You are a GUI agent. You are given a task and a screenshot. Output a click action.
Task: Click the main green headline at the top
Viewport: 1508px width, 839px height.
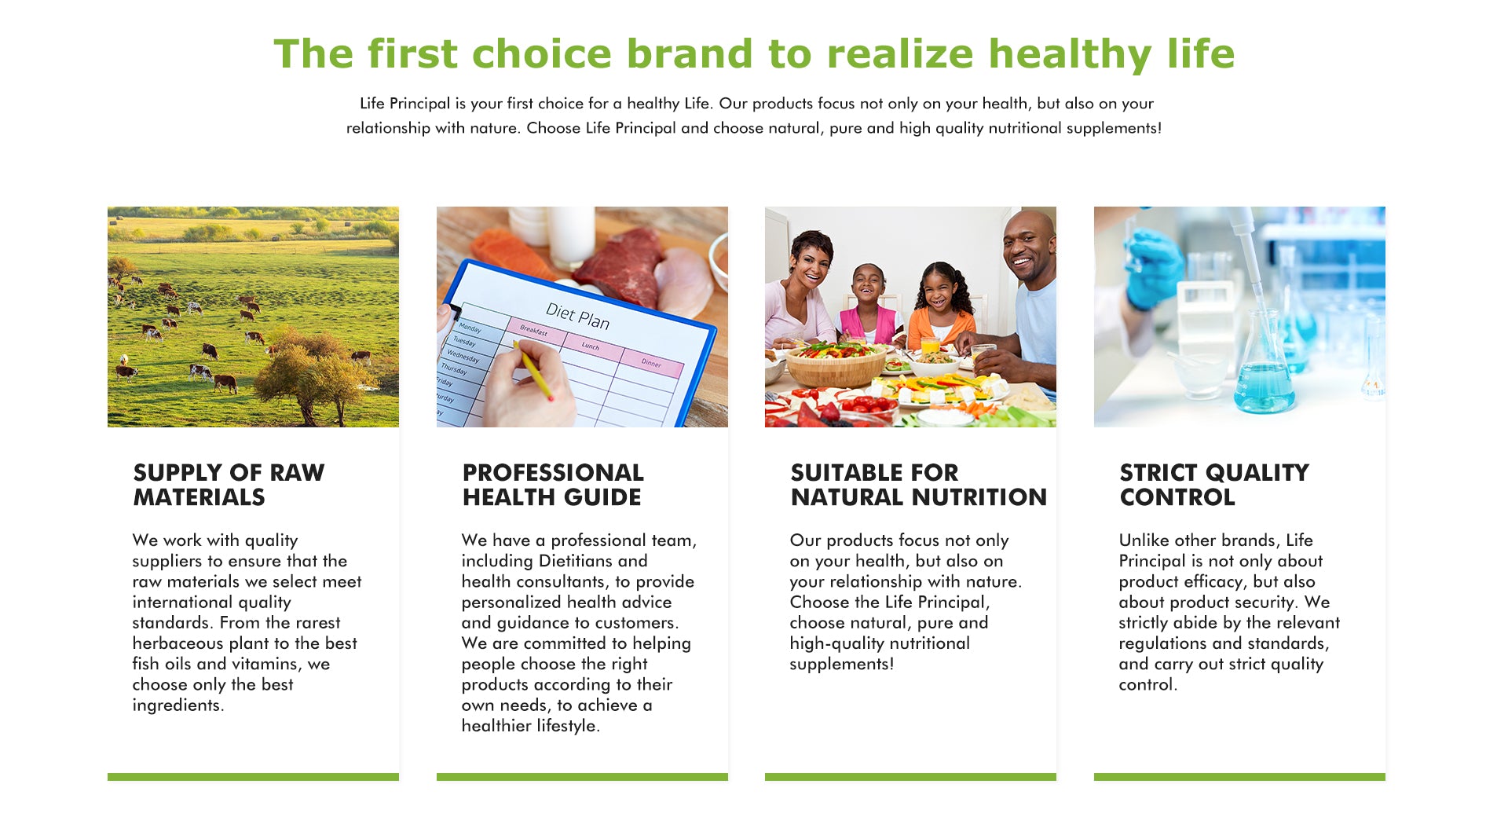[x=754, y=53]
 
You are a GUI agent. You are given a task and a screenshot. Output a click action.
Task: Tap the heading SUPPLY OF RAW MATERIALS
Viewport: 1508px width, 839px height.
[x=229, y=485]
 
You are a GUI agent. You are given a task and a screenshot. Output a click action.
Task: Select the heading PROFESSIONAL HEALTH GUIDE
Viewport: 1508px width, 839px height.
[x=553, y=485]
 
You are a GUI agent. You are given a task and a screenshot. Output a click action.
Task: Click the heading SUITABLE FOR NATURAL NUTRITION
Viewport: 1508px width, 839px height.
[x=918, y=485]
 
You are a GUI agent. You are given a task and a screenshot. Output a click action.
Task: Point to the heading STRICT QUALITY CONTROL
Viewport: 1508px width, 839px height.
[x=1214, y=485]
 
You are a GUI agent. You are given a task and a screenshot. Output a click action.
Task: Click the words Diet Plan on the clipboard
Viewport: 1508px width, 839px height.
[x=577, y=316]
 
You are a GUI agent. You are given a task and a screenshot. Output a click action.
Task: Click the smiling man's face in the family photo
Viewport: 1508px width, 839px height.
[x=1028, y=247]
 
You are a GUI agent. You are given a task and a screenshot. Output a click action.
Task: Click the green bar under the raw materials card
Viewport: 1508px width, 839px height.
[x=253, y=776]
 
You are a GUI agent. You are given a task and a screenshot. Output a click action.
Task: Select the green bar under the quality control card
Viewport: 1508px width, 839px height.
[x=1239, y=776]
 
